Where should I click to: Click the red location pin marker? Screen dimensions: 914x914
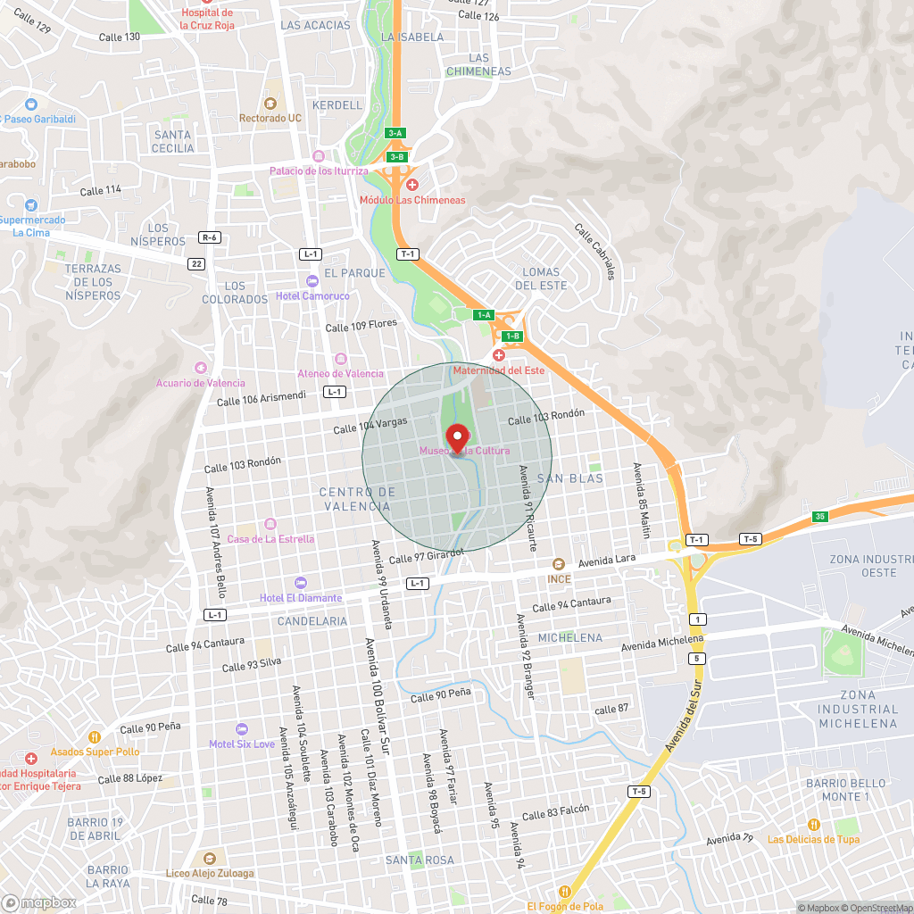[457, 438]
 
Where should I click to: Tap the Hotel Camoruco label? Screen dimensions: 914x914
[313, 295]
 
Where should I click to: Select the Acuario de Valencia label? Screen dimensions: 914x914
[200, 383]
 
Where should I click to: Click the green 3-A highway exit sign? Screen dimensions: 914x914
[395, 133]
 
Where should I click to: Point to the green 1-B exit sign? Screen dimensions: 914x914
[511, 337]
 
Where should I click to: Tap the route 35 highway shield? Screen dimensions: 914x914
[820, 517]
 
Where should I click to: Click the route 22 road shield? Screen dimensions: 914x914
[196, 263]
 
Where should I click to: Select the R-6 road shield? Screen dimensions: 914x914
[210, 237]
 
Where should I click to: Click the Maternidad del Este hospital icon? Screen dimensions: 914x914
[499, 355]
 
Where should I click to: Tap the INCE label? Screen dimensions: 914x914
[559, 578]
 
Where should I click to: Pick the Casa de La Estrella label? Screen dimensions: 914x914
[270, 538]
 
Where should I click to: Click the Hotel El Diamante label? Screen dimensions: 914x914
[301, 597]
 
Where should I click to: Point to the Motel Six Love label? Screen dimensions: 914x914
[243, 744]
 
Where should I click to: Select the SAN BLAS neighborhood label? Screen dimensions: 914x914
[570, 478]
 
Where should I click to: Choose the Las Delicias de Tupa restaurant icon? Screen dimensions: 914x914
[813, 824]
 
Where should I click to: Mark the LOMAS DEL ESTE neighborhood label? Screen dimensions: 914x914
[541, 278]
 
